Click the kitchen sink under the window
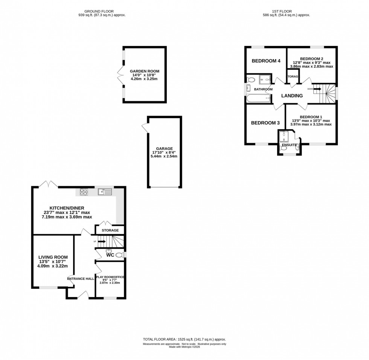pos(105,192)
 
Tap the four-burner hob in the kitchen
pos(84,192)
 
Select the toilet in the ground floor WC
pos(120,255)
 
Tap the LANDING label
pos(292,96)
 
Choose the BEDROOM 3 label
pos(265,123)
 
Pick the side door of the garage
pos(145,128)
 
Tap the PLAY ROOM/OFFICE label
pos(110,277)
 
